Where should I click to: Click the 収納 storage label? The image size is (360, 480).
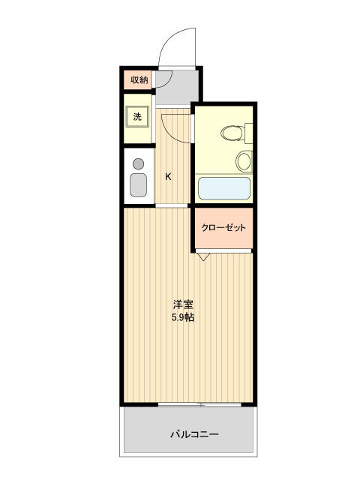coord(139,79)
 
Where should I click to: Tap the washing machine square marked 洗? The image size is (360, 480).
coord(137,116)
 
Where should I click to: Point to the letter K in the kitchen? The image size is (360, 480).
coord(168,177)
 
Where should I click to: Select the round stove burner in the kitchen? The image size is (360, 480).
coord(138,163)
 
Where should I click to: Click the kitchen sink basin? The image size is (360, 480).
coord(138,184)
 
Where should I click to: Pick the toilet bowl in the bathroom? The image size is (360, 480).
coord(231,133)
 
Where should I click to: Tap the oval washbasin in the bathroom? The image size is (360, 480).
coord(244,160)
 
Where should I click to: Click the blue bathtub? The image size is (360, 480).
coord(223,187)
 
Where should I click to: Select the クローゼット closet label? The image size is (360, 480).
coord(223,228)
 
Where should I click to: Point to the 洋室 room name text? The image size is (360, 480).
coord(184,304)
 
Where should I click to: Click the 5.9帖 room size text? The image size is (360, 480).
coord(184,317)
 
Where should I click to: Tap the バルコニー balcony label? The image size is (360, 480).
coord(193,434)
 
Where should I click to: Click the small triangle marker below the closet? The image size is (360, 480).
coord(204,256)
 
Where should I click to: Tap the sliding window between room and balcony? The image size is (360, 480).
coord(200,405)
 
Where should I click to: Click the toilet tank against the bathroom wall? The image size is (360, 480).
coord(249,133)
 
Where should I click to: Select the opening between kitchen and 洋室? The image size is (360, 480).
coord(172,205)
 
